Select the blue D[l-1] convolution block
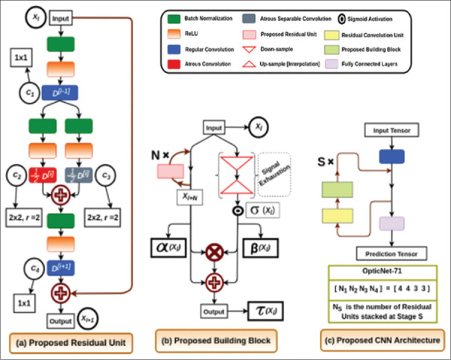pos(60,95)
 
